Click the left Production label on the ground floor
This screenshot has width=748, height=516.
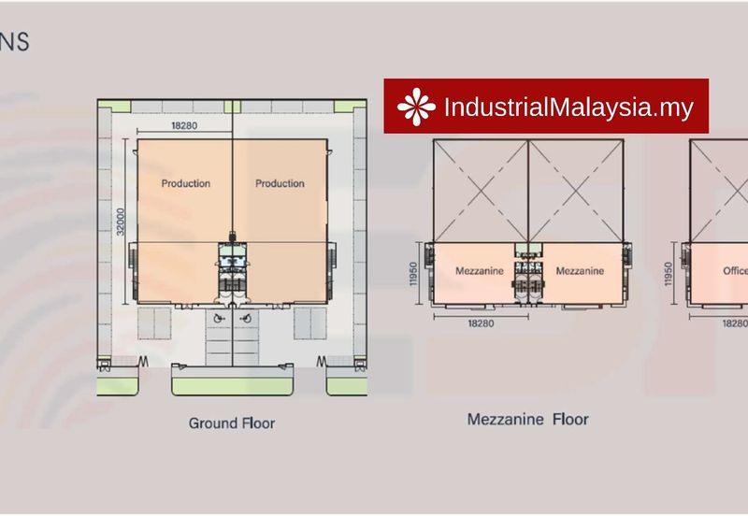pyautogui.click(x=185, y=183)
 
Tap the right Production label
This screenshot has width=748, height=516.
pyautogui.click(x=280, y=183)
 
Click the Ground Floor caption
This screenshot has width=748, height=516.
pyautogui.click(x=232, y=423)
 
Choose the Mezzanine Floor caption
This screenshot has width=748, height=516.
pyautogui.click(x=527, y=420)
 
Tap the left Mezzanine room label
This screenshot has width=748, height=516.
pyautogui.click(x=480, y=271)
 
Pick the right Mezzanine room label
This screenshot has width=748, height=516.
pyautogui.click(x=580, y=271)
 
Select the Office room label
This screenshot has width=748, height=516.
pyautogui.click(x=735, y=271)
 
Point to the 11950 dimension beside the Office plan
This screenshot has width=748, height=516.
pyautogui.click(x=669, y=276)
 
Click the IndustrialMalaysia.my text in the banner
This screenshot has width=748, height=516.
pyautogui.click(x=568, y=107)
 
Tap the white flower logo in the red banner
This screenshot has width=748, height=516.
pyautogui.click(x=416, y=107)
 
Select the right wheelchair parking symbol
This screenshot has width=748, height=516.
pyautogui.click(x=244, y=318)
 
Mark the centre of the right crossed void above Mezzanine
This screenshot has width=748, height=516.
pyautogui.click(x=576, y=191)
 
